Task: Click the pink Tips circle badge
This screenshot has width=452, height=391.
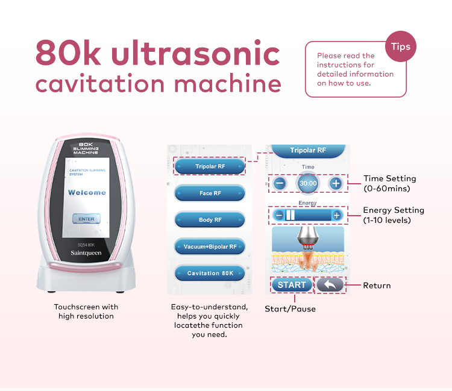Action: pos(401,46)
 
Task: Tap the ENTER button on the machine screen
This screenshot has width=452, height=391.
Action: pos(86,219)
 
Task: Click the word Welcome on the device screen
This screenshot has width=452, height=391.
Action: pos(87,192)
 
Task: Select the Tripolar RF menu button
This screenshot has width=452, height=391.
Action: pos(210,166)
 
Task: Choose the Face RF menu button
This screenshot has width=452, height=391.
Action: pos(210,193)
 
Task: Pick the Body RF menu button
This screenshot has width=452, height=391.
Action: pos(210,220)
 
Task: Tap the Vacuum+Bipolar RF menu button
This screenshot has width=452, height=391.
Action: pos(210,246)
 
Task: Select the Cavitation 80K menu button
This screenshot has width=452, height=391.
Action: pos(210,273)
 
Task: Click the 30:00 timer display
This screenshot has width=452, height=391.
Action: pos(308,183)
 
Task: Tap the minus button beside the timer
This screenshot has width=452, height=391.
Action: pos(280,183)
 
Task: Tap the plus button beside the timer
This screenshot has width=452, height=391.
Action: pos(336,183)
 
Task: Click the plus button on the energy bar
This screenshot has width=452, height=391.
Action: pos(336,215)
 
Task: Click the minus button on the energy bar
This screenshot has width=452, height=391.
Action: pos(279,215)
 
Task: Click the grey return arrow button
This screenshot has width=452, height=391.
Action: pos(330,285)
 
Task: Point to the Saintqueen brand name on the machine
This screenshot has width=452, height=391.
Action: pos(86,253)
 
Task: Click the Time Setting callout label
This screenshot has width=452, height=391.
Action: pos(390,183)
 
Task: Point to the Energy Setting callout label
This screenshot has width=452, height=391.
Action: pos(394,215)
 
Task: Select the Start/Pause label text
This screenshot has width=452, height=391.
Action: pos(290,309)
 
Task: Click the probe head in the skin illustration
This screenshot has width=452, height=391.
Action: pos(308,237)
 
